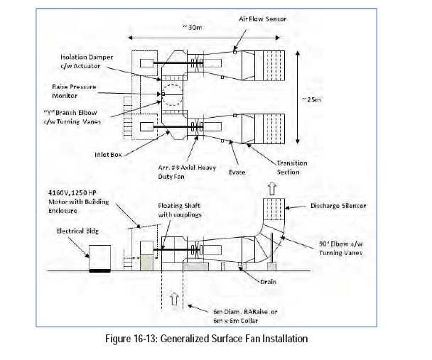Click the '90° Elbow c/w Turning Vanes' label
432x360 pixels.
tap(340, 248)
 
